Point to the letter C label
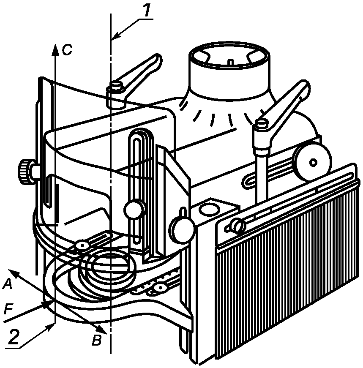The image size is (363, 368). (x=67, y=50)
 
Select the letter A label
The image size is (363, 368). (x=7, y=284)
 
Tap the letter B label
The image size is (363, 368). (x=96, y=340)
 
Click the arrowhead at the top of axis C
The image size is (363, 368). (x=55, y=49)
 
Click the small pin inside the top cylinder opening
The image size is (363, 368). (x=231, y=63)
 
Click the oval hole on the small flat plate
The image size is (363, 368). (x=209, y=209)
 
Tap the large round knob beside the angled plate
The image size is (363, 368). (x=183, y=228)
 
